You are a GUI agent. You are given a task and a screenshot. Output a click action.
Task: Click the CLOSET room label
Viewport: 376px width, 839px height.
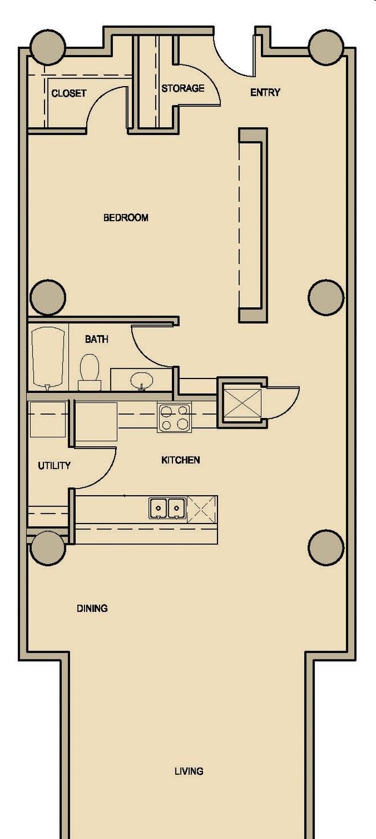(x=69, y=93)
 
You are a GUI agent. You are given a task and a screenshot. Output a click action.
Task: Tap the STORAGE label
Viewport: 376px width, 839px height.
(x=183, y=88)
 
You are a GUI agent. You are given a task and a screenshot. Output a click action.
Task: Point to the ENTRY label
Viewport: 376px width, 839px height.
(x=266, y=92)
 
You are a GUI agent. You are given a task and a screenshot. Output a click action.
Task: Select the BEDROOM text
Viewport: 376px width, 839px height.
(x=126, y=218)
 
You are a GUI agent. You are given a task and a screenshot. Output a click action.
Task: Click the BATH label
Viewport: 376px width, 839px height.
(x=97, y=339)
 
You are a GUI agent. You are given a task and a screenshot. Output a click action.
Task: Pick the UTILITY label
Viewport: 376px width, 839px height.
(x=54, y=466)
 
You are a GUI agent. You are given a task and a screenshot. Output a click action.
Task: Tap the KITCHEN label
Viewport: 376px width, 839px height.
(x=180, y=460)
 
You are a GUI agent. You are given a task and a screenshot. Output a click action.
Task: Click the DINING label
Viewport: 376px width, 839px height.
(x=92, y=608)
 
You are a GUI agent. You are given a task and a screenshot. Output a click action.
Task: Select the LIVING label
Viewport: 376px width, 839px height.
(x=189, y=771)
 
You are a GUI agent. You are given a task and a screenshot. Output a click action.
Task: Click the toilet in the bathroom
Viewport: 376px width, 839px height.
(x=90, y=372)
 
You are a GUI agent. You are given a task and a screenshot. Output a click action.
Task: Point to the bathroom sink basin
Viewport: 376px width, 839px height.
(x=142, y=381)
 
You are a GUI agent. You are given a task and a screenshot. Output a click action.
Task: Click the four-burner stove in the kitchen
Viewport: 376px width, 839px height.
(x=174, y=418)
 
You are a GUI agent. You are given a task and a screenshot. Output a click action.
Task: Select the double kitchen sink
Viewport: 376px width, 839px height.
(x=168, y=508)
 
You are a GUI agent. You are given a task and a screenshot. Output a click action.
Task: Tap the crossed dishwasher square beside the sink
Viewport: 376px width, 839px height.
(x=202, y=510)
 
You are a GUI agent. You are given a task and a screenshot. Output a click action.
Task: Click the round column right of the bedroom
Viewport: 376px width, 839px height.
(x=326, y=296)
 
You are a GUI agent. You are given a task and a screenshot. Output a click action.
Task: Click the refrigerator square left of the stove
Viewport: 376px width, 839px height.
(x=97, y=421)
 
